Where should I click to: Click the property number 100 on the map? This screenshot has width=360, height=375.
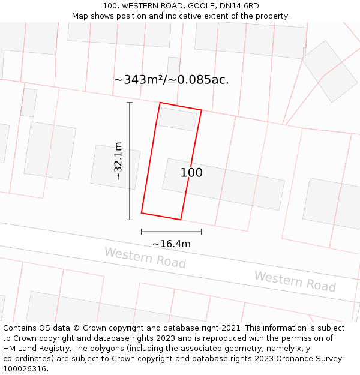[x=191, y=173]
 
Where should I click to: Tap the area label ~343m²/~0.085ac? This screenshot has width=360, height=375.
[x=171, y=80]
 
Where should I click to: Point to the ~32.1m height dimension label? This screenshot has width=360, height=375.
[x=118, y=161]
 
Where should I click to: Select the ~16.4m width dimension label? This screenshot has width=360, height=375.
[x=171, y=244]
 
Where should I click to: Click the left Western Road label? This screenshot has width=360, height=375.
[x=145, y=258]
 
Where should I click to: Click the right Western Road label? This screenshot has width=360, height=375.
[x=295, y=281]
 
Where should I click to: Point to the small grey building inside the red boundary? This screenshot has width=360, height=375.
[x=178, y=119]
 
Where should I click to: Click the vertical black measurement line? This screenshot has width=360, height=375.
[x=130, y=161]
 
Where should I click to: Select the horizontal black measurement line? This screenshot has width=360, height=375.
[x=171, y=232]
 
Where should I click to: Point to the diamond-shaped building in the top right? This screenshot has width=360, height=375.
[x=329, y=71]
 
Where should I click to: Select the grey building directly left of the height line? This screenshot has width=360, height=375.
[x=115, y=167]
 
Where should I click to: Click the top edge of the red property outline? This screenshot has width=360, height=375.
[x=181, y=106]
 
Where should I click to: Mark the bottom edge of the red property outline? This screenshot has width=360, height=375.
[x=161, y=216]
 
